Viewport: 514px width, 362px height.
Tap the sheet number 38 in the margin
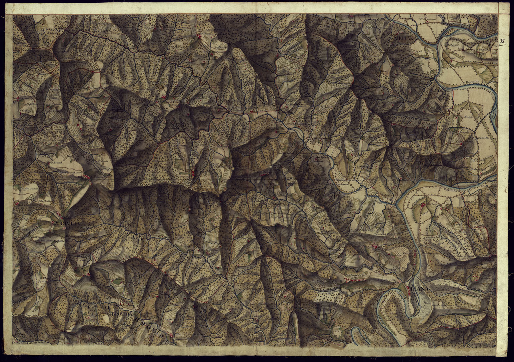(502, 41)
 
